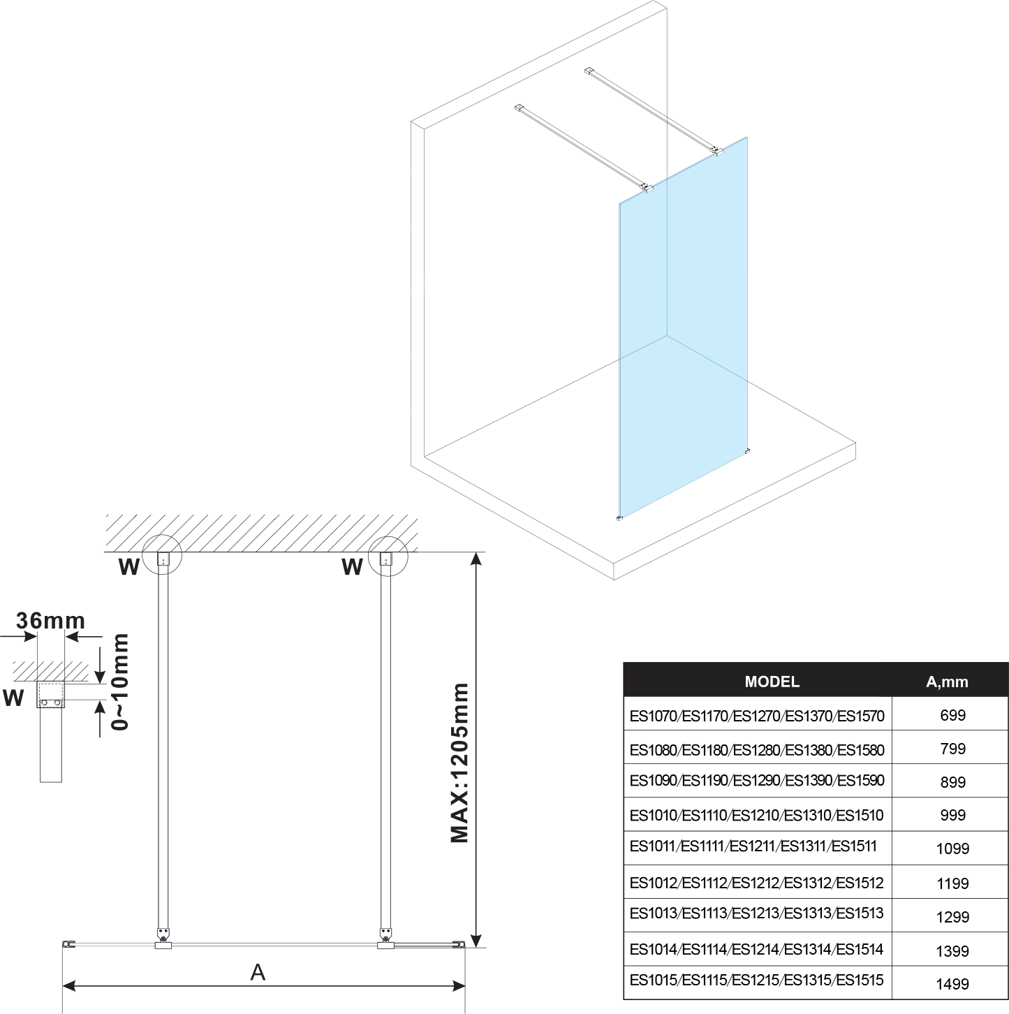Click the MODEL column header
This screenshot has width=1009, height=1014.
point(772,682)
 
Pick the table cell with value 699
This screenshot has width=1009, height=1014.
point(952,715)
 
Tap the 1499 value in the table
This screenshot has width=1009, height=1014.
point(952,984)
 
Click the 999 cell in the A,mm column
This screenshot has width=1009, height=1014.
point(952,815)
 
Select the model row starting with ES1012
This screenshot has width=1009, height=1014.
point(756,883)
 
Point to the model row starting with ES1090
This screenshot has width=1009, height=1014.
point(756,781)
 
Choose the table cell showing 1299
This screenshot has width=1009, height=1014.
point(952,916)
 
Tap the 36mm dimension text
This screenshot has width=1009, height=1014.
point(50,620)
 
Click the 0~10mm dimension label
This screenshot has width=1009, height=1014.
point(121,682)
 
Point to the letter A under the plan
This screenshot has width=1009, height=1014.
point(258,971)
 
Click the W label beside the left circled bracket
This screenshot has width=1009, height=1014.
point(129,567)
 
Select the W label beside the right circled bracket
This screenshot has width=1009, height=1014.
point(352,567)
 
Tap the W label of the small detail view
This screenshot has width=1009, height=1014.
point(13,697)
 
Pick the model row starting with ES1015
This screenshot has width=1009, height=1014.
point(756,980)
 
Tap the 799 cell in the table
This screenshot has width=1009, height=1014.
point(952,749)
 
